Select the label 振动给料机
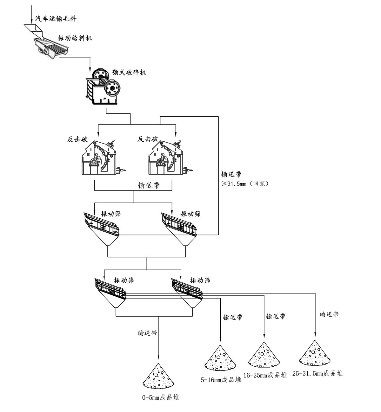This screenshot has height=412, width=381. [75, 38]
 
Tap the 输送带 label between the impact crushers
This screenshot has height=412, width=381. [149, 185]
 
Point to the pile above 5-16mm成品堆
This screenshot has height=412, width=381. [220, 358]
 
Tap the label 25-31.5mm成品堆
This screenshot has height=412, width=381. [317, 373]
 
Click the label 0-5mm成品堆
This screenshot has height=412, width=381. [160, 397]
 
